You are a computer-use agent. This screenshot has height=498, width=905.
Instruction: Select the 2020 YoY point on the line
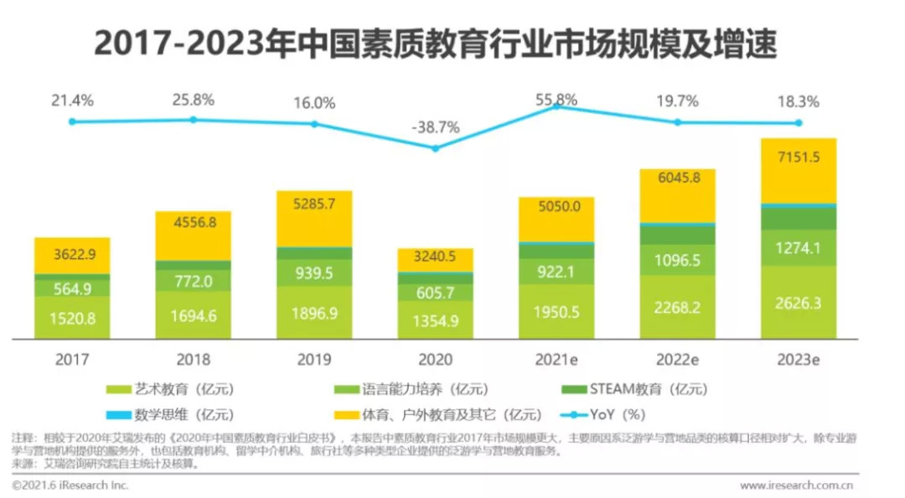pyautogui.click(x=435, y=148)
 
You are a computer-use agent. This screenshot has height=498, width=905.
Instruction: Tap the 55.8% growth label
pyautogui.click(x=556, y=100)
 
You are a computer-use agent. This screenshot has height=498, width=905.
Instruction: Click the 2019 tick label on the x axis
pyautogui.click(x=314, y=360)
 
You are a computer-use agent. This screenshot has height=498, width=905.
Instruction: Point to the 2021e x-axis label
pyautogui.click(x=556, y=360)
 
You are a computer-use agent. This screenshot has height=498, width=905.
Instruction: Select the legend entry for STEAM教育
pyautogui.click(x=637, y=389)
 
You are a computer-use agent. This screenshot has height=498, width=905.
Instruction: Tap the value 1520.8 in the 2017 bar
pyautogui.click(x=72, y=319)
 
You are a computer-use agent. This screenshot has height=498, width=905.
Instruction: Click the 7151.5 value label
pyautogui.click(x=799, y=159)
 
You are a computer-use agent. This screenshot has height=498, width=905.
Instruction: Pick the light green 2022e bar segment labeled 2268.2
pyautogui.click(x=677, y=307)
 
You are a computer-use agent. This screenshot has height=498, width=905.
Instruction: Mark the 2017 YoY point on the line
pyautogui.click(x=72, y=122)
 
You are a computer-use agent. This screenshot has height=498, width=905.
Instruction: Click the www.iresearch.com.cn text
pyautogui.click(x=796, y=485)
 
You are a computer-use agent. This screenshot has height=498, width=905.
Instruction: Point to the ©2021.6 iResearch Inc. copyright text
pyautogui.click(x=70, y=485)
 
